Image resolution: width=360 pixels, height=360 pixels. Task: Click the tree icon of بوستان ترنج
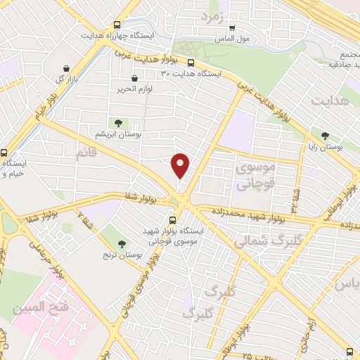pyautogui.click(x=123, y=243)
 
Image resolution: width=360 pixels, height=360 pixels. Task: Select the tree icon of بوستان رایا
pyautogui.click(x=325, y=136)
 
